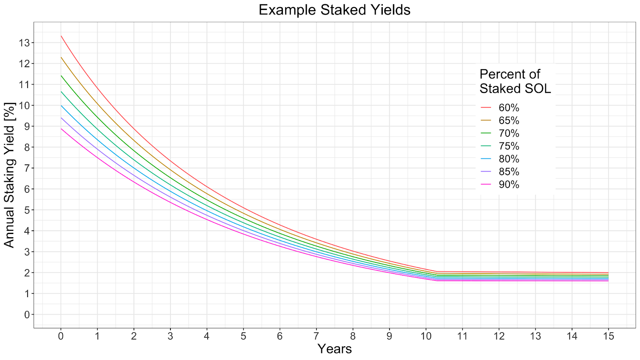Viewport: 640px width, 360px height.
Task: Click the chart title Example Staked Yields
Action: coord(334,10)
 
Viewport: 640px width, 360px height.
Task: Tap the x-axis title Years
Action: coord(334,349)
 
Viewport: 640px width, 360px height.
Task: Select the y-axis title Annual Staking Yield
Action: coord(9,175)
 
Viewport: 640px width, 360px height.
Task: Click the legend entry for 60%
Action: coord(500,108)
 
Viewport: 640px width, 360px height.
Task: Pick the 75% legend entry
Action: coord(500,146)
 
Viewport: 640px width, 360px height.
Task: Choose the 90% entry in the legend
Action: coord(500,184)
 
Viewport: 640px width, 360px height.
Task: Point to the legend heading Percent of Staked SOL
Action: coord(515,82)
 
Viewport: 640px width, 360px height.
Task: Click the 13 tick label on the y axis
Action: coord(24,43)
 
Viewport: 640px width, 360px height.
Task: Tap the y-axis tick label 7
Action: coord(27,168)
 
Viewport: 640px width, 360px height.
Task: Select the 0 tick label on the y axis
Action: coord(27,314)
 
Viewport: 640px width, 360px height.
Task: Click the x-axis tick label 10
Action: coord(426,336)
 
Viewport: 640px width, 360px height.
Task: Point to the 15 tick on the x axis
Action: coord(608,336)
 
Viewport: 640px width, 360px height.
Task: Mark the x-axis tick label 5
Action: coord(243,336)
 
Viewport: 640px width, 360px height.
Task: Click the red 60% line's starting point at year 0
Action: coord(61,36)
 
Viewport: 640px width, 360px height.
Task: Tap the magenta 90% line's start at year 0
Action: coord(61,128)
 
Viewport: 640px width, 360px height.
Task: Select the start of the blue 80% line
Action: coord(61,106)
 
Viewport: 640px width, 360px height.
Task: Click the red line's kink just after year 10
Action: coord(437,272)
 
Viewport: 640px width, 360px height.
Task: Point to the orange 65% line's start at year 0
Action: coord(61,57)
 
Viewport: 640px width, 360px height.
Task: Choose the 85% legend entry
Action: coord(500,172)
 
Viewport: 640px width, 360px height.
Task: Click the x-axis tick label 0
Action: coord(60,336)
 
